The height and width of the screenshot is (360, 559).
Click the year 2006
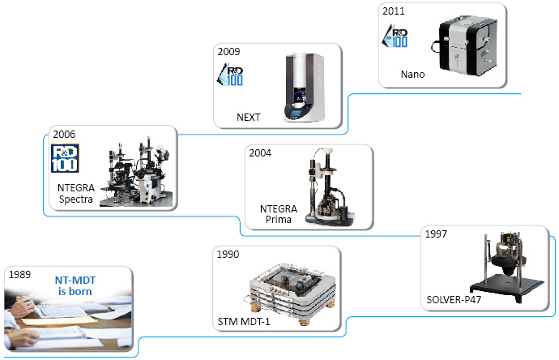pos(63,133)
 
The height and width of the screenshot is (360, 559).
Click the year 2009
pos(229,50)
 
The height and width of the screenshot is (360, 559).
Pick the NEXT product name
pos(248,117)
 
